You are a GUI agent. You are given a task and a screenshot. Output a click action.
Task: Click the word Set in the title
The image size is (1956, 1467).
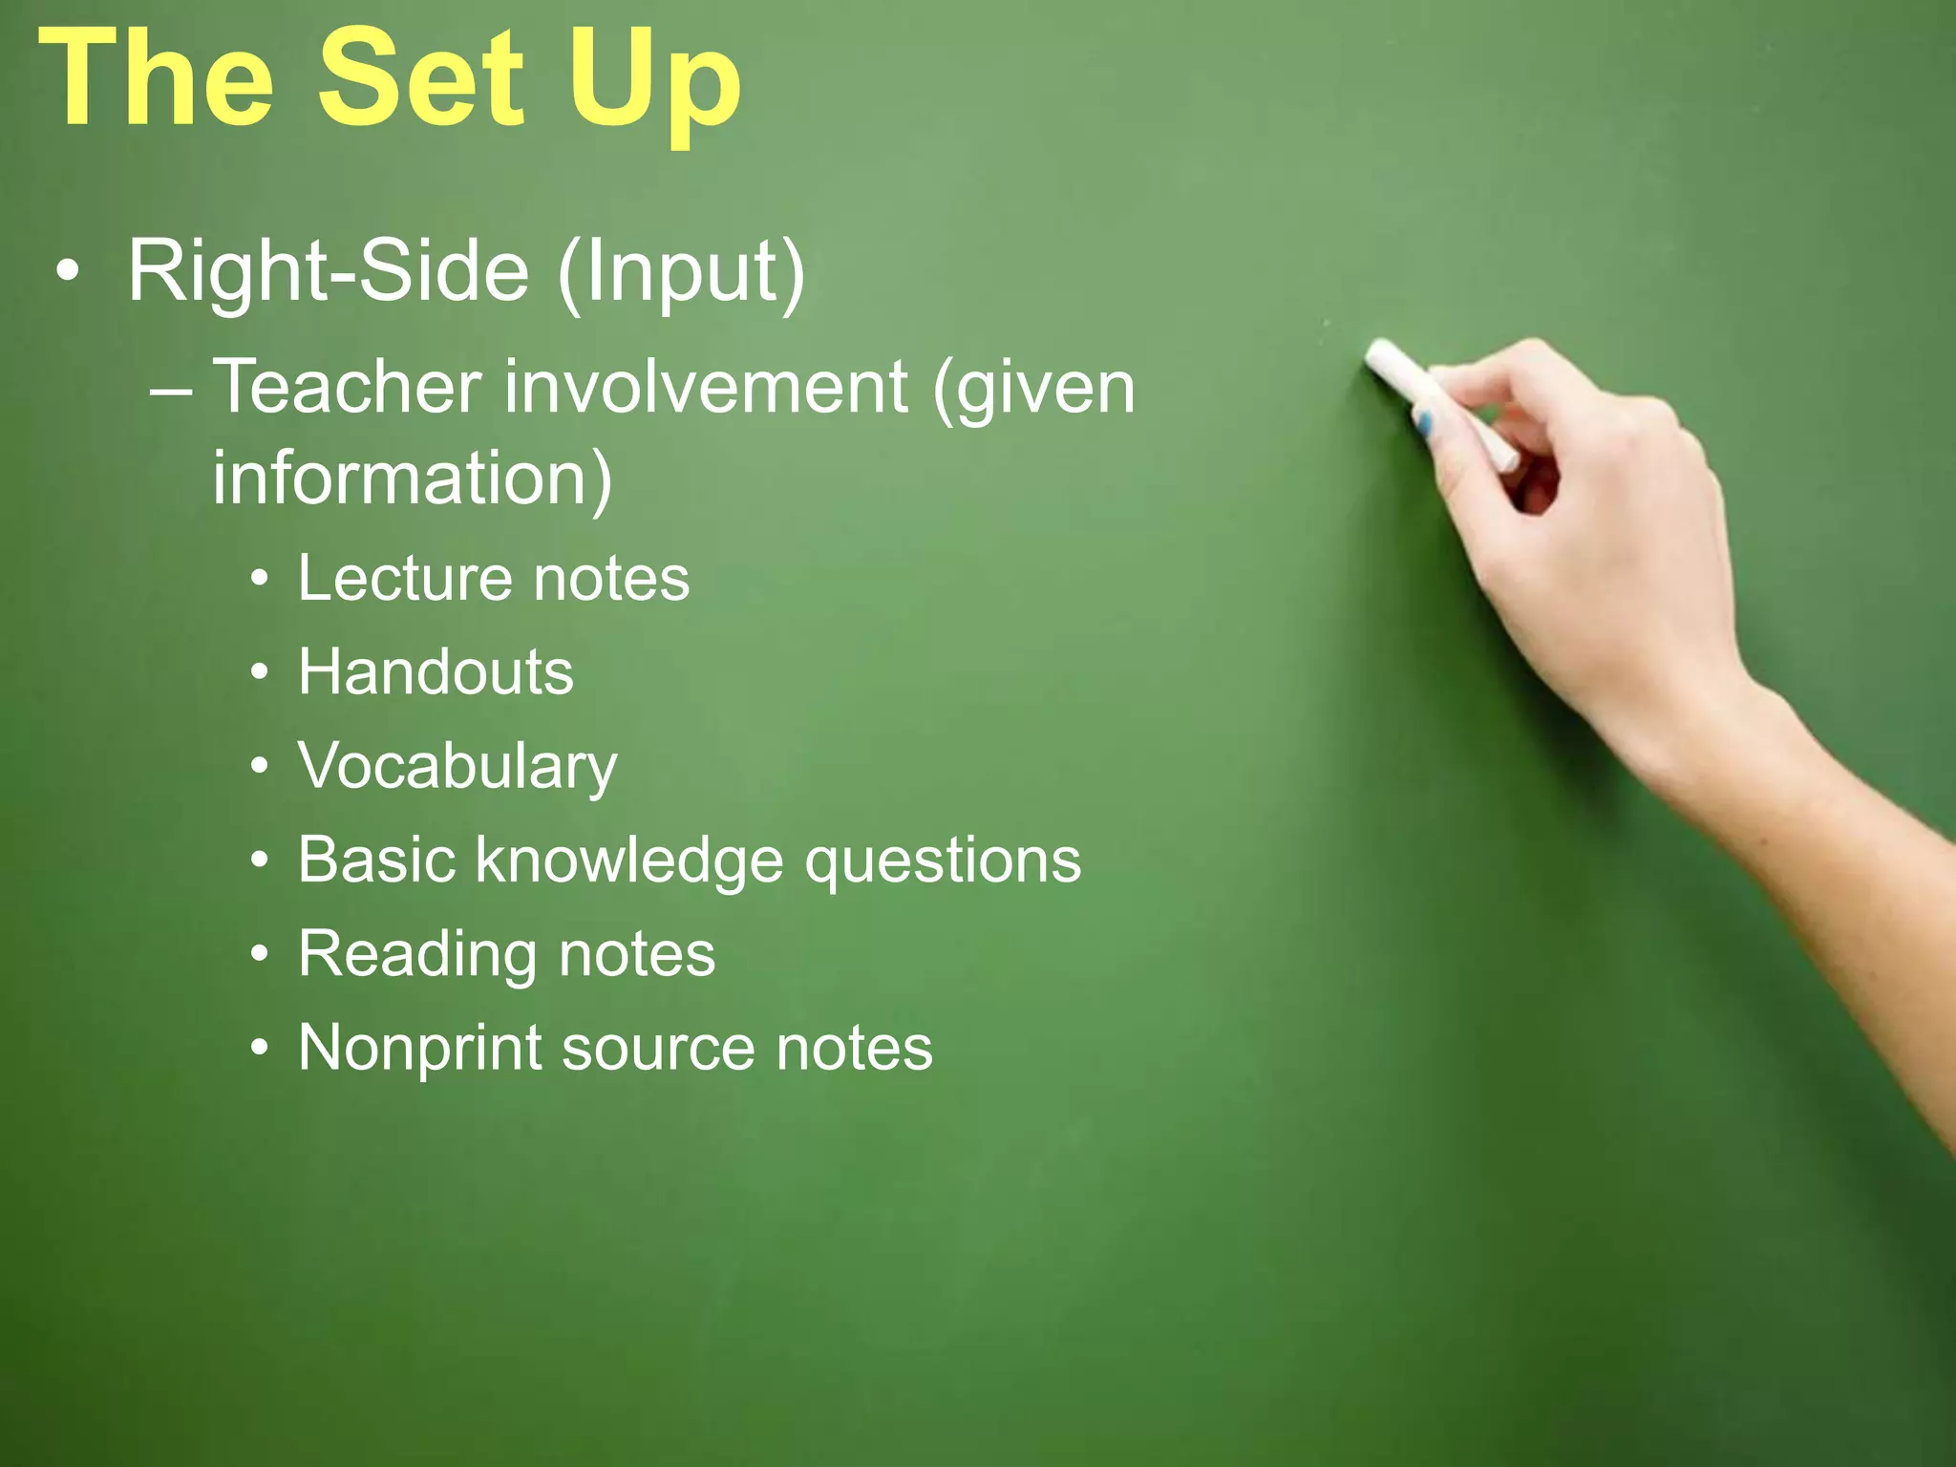420,78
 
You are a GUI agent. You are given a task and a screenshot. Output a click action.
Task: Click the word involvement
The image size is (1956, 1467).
706,387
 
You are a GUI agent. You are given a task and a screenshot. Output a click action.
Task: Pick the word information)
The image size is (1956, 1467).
412,478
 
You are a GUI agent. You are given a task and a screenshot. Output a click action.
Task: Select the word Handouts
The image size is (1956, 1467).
436,671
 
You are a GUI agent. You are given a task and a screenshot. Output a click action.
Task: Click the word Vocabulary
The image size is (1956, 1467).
457,767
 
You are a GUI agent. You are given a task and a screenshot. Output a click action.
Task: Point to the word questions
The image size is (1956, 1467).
943,861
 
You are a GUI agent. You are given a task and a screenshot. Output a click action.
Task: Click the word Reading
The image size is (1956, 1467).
415,954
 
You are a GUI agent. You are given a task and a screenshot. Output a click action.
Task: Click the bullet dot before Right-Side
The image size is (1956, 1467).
67,271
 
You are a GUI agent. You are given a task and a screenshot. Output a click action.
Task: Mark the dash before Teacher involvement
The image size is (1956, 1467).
171,389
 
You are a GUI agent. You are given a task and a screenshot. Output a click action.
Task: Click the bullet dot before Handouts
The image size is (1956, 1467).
259,672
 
